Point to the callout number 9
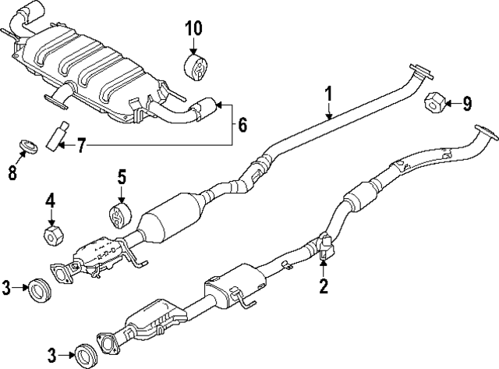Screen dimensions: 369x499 [x=467, y=102]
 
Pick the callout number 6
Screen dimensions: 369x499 [x=242, y=123]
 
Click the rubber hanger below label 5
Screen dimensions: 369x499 [x=119, y=215]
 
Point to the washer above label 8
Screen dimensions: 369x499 [x=26, y=146]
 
